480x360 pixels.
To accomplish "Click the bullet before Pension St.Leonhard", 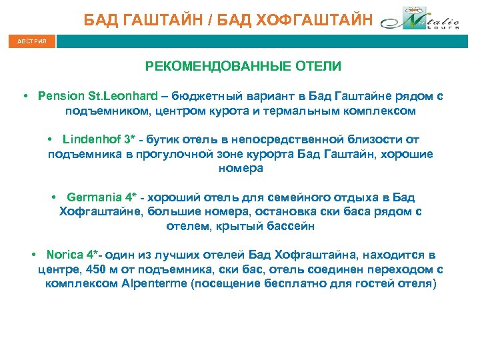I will (x=24, y=96).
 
